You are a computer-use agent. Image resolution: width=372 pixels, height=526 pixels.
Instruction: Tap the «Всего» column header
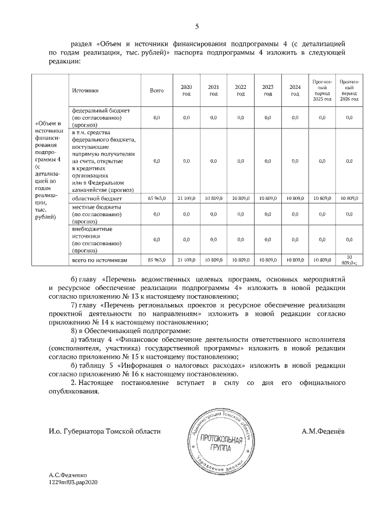pos(157,91)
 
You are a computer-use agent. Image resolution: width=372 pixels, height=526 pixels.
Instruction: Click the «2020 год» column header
pos(186,91)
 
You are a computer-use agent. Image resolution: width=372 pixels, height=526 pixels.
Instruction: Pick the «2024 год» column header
pos(295,91)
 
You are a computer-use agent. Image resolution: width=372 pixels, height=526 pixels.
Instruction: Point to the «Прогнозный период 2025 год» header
pos(321,91)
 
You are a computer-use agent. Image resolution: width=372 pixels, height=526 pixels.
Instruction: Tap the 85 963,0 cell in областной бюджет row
pos(157,199)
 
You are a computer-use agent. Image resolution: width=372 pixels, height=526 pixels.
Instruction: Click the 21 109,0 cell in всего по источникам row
pos(186,260)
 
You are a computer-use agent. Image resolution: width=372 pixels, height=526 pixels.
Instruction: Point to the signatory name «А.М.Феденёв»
pos(323,431)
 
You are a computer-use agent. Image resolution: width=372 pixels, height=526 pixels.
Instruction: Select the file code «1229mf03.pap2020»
pos(74,499)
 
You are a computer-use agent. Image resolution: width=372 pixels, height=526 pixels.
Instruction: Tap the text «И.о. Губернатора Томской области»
pos(105,431)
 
